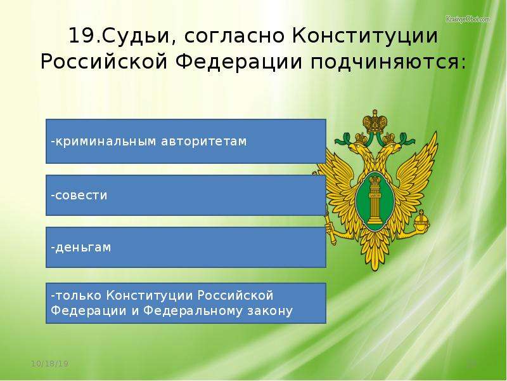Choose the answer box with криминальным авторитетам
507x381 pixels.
pyautogui.click(x=186, y=141)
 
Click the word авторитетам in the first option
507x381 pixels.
pyautogui.click(x=203, y=142)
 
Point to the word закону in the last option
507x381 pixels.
pyautogui.click(x=270, y=311)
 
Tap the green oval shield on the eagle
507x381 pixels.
pyautogui.click(x=375, y=201)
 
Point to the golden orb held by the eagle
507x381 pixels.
pyautogui.click(x=422, y=220)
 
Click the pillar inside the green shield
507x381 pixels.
pyautogui.click(x=375, y=203)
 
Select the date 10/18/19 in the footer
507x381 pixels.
pyautogui.click(x=50, y=363)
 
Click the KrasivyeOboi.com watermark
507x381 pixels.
pyautogui.click(x=468, y=19)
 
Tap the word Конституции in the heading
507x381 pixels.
pyautogui.click(x=366, y=36)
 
